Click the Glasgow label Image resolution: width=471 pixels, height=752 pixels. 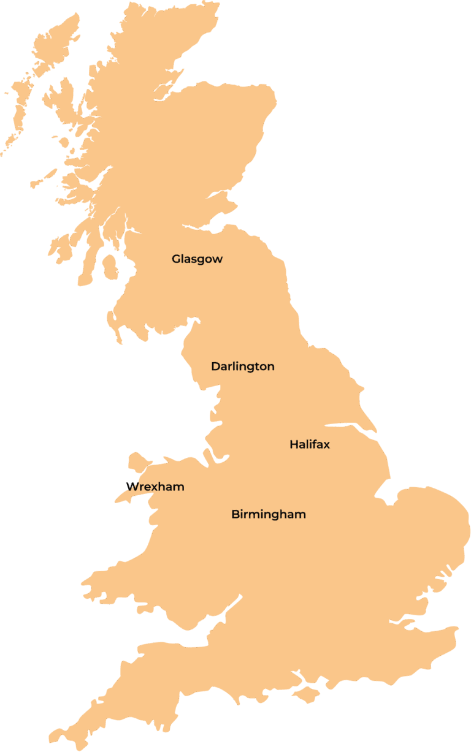point(197,259)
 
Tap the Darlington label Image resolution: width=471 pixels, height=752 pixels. point(243,367)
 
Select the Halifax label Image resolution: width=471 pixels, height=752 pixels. point(310,444)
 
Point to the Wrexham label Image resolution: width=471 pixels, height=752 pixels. point(155,487)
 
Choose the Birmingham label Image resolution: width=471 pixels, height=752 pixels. point(269,514)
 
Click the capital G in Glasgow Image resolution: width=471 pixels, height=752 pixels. point(176,259)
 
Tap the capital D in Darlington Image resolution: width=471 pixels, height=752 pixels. point(215,367)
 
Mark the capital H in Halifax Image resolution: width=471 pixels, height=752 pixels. point(294,444)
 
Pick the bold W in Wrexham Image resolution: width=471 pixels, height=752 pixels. point(131,487)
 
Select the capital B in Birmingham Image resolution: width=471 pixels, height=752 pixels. point(235,514)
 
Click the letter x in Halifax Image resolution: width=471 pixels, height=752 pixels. point(326,445)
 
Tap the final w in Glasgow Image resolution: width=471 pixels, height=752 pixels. point(218,259)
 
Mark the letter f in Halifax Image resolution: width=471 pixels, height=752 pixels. point(315,444)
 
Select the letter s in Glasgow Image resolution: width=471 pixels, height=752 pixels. point(194,259)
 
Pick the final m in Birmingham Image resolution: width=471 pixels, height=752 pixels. point(301,515)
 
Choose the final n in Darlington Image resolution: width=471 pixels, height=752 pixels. point(270,367)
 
